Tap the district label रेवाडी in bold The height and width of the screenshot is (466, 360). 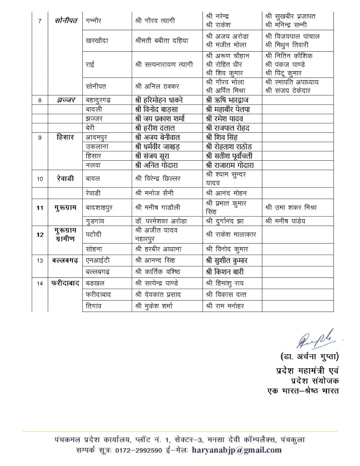click(65, 178)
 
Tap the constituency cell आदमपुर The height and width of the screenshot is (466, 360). click(98, 137)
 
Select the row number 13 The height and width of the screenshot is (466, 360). click(40, 260)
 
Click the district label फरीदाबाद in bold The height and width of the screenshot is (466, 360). click(65, 284)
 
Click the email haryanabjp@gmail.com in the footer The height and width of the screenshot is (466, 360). click(237, 450)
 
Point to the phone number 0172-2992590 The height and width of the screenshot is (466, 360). click(137, 450)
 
